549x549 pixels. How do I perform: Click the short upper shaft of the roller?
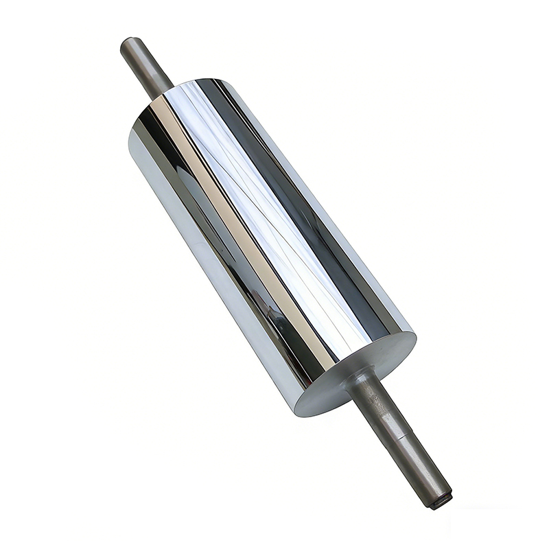(145, 65)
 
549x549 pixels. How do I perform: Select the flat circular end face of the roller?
(357, 374)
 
